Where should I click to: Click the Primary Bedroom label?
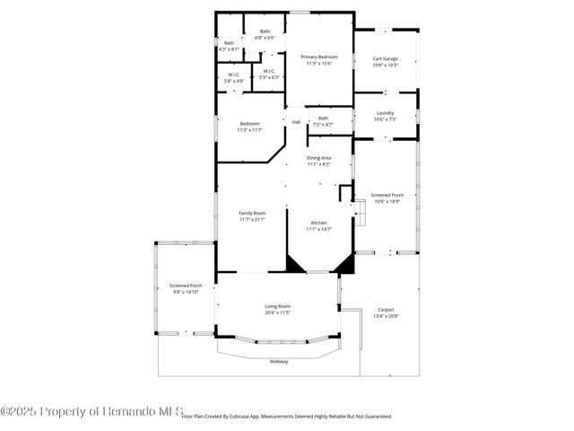(318, 57)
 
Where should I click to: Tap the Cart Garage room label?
(385, 59)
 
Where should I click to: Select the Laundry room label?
(385, 113)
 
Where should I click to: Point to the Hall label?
(296, 121)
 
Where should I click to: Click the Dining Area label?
(318, 158)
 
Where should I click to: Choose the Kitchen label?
(318, 223)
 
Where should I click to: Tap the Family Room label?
(252, 214)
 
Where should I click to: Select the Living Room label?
(277, 306)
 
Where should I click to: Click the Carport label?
(385, 310)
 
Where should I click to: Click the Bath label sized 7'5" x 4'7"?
(323, 119)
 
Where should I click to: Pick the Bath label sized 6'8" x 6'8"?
(265, 31)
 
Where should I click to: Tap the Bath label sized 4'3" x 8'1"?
(229, 43)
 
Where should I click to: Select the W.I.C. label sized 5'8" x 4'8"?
(233, 75)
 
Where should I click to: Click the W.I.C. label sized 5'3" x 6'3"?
(268, 72)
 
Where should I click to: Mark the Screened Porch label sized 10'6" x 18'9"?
(387, 195)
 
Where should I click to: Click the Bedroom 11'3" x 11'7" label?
(249, 124)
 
